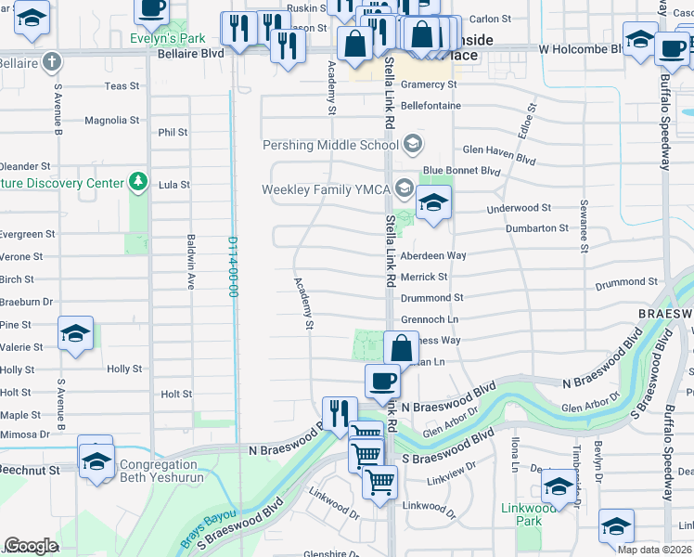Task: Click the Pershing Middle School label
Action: [x=330, y=145]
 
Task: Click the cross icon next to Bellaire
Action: [x=52, y=62]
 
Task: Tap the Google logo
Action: [x=31, y=546]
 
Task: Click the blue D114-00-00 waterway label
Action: [x=233, y=266]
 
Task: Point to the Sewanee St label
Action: [x=584, y=225]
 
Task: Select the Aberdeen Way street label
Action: [x=432, y=255]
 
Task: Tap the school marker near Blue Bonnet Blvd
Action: [x=432, y=201]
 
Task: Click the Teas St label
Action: [x=122, y=86]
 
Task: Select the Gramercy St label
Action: [x=427, y=84]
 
